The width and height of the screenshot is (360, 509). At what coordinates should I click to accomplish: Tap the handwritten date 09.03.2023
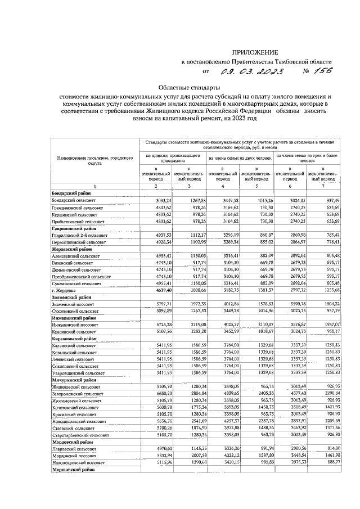pyautogui.click(x=252, y=72)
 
